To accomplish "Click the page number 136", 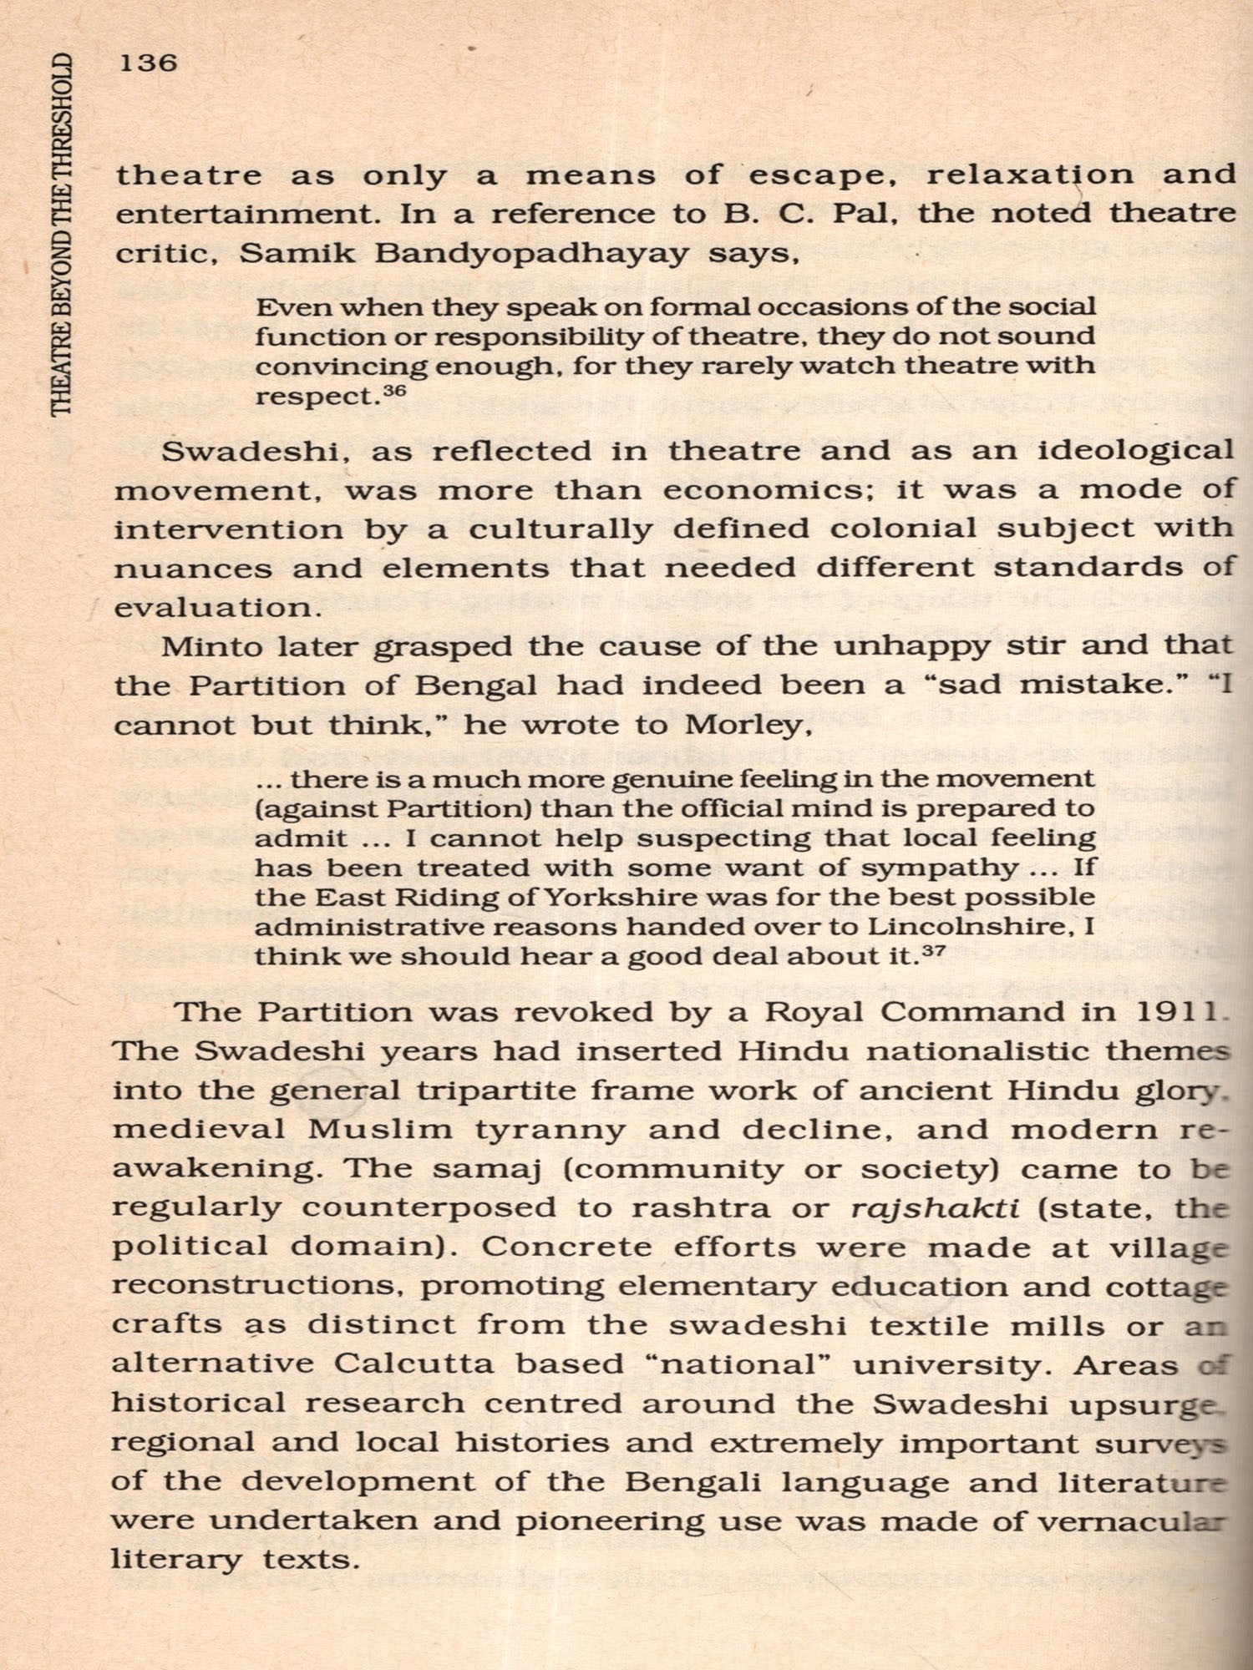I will (149, 63).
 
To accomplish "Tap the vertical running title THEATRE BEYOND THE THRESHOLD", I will (63, 235).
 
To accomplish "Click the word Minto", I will (211, 647).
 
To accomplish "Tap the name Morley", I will (745, 725).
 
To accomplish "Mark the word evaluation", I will (216, 607).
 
